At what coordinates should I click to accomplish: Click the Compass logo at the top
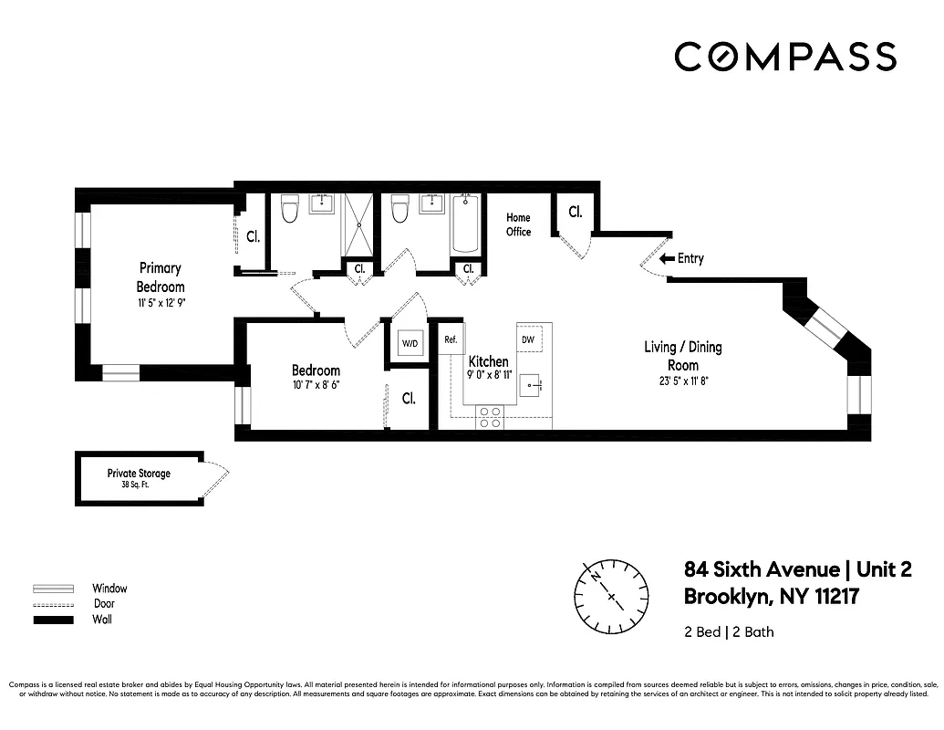(x=785, y=57)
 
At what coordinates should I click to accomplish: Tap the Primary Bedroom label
(x=161, y=277)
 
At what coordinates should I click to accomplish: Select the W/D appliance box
(x=410, y=344)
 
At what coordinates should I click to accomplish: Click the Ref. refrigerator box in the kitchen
(x=451, y=339)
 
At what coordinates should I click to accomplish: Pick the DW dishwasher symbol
(x=528, y=339)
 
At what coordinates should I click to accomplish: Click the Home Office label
(x=518, y=224)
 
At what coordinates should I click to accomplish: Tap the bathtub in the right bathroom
(x=465, y=224)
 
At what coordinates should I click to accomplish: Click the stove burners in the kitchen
(x=490, y=417)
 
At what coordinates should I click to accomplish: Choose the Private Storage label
(x=139, y=474)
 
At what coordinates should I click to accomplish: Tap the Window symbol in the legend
(x=53, y=589)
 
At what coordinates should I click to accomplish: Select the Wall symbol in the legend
(x=53, y=620)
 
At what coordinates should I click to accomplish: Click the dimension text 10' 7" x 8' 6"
(x=316, y=385)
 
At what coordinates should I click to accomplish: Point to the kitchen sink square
(x=534, y=386)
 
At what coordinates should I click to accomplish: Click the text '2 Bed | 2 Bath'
(x=729, y=631)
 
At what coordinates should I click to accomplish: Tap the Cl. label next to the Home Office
(x=576, y=213)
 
